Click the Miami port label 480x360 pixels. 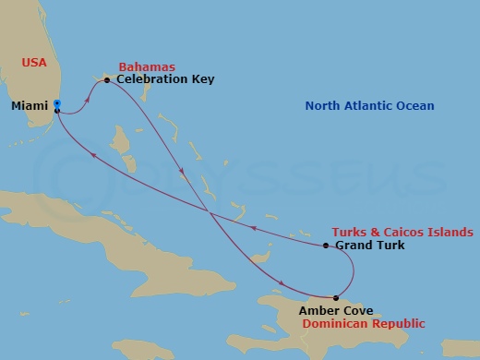(30, 107)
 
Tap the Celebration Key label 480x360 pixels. (165, 79)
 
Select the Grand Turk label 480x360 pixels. (368, 246)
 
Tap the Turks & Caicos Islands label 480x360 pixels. (403, 232)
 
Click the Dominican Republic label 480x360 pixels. (362, 324)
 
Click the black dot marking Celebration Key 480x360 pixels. (107, 80)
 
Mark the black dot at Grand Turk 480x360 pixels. (327, 246)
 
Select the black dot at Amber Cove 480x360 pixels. (335, 297)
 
